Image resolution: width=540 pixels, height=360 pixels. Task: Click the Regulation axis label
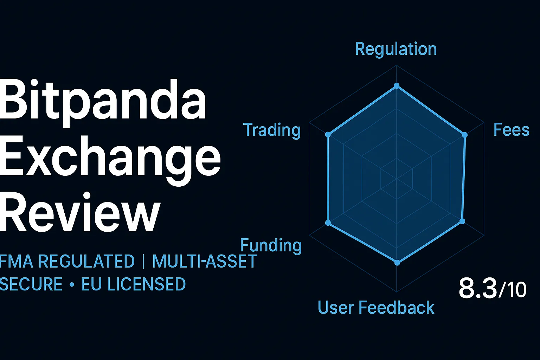coord(396,49)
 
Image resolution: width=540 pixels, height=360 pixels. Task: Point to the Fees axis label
coord(511,130)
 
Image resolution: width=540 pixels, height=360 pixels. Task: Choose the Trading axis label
coord(272,130)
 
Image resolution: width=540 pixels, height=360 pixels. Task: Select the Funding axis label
coord(271,245)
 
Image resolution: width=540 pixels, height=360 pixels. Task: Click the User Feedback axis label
coord(376,308)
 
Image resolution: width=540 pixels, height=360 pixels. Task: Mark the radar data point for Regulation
coord(397,85)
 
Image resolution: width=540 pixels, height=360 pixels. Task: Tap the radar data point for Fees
coord(464,135)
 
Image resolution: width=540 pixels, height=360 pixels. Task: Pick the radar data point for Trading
coord(328,134)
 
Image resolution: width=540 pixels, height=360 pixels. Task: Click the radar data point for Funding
coord(328,223)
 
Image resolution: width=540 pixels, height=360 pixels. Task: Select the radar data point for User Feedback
coord(397,262)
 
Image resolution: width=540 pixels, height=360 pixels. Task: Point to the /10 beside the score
coord(513,290)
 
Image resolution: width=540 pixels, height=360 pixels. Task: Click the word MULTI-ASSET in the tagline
coord(205,262)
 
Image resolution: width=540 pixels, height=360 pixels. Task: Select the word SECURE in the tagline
coord(31,284)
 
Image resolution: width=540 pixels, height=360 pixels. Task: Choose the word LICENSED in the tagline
coord(146,284)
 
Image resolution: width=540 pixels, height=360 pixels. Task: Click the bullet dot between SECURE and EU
coord(72,285)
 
